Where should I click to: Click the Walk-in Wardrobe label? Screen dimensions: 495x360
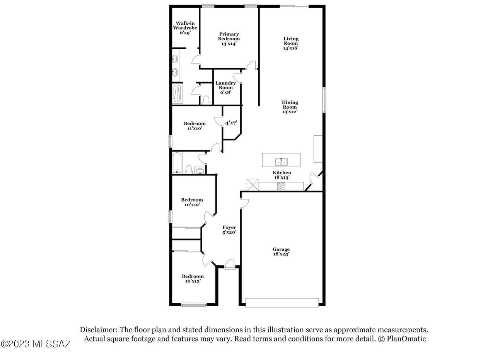(x=185, y=28)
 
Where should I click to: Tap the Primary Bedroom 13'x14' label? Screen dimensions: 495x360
(x=229, y=39)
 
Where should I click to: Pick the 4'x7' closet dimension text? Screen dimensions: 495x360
(x=231, y=123)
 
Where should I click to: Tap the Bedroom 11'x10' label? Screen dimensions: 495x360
(x=195, y=126)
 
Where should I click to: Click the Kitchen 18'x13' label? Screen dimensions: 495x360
(x=282, y=175)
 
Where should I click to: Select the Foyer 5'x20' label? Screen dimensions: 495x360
(x=229, y=230)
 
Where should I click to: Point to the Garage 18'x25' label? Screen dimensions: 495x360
(x=281, y=251)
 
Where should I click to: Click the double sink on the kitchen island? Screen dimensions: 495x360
(x=281, y=162)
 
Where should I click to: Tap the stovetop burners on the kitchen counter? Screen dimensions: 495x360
(x=281, y=186)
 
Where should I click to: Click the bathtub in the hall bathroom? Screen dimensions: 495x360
(x=177, y=163)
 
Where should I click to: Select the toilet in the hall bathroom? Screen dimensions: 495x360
(x=188, y=169)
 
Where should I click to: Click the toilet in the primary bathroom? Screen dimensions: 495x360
(x=207, y=100)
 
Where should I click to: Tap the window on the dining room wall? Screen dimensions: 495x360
(x=324, y=100)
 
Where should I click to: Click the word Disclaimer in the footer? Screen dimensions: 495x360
(x=99, y=329)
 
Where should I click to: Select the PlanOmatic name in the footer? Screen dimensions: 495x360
(x=406, y=339)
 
